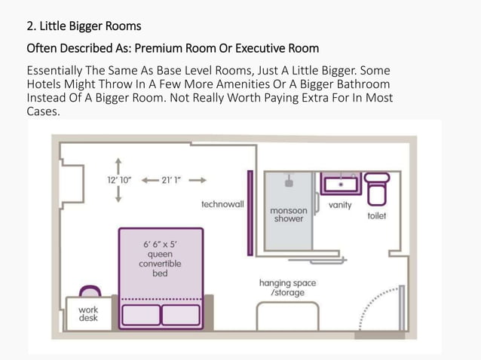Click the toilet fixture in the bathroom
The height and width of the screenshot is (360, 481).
click(377, 189)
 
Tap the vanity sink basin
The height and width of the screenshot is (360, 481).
click(341, 185)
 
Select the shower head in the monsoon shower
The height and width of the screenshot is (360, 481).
click(289, 181)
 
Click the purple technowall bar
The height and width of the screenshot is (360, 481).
click(250, 213)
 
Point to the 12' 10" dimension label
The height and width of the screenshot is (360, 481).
click(119, 180)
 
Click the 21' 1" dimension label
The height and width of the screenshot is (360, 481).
click(171, 180)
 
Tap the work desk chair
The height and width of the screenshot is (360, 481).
click(90, 291)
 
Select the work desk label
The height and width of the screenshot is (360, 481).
click(88, 314)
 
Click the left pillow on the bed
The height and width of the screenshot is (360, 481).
click(141, 315)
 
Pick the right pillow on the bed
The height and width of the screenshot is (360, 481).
click(181, 315)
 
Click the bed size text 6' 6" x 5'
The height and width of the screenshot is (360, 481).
click(160, 245)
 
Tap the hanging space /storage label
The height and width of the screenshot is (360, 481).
click(287, 288)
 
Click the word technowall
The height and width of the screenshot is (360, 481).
click(222, 204)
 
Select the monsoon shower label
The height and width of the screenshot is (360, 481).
click(288, 215)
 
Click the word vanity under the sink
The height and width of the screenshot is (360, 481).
click(340, 205)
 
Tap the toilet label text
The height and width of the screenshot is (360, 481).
click(377, 215)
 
